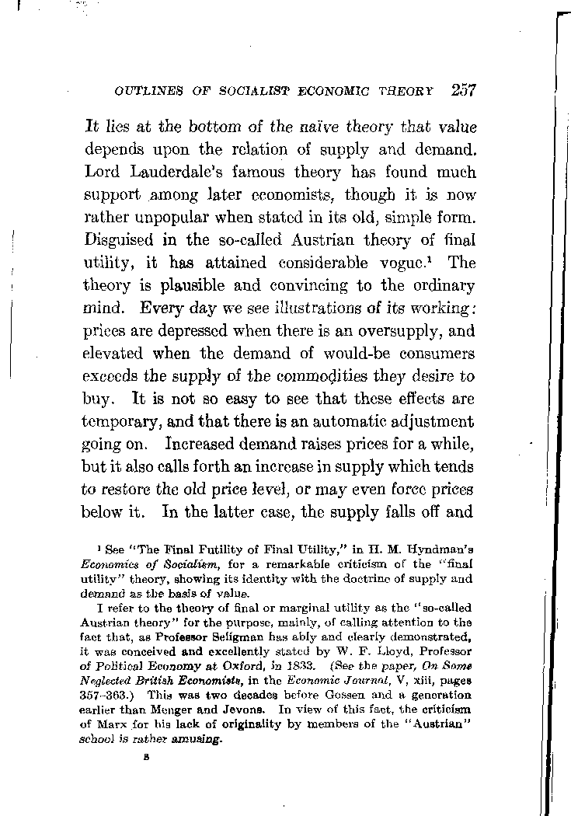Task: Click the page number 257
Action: pyautogui.click(x=463, y=89)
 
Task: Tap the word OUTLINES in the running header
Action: pyautogui.click(x=142, y=91)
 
